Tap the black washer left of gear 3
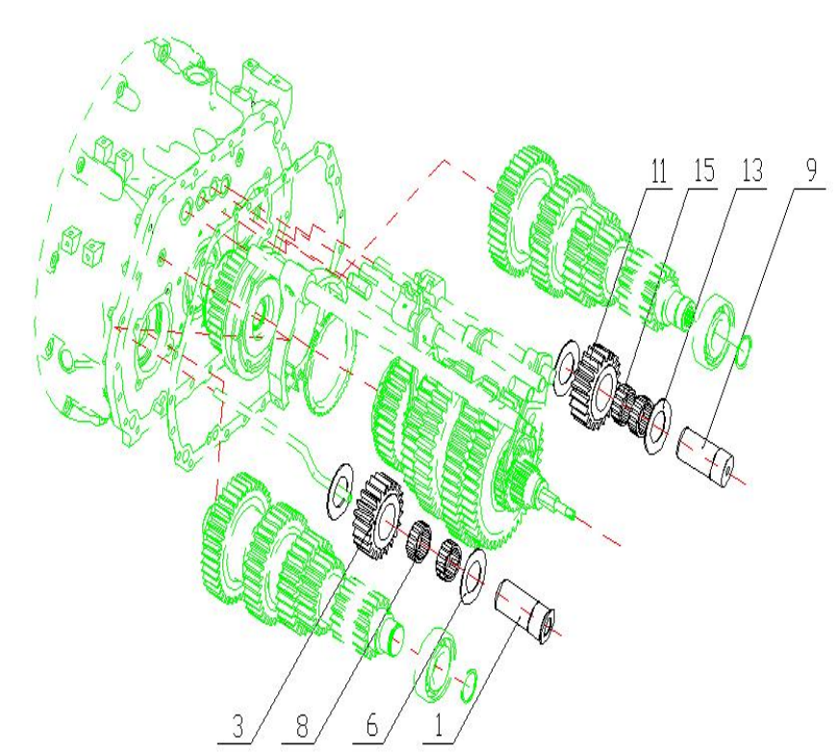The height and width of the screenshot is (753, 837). point(342,480)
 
